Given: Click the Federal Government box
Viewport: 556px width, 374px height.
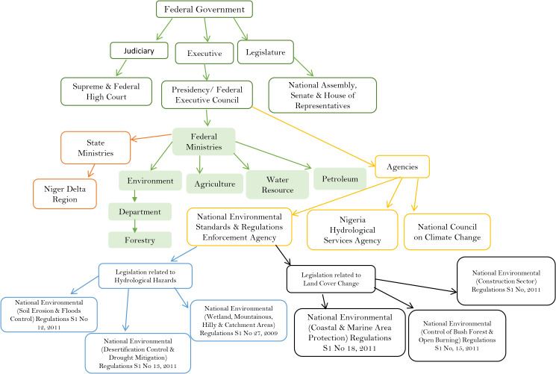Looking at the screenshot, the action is coord(204,9).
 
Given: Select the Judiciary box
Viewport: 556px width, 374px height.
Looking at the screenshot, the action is coord(139,51).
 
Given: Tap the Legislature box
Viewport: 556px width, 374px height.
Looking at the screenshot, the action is coord(266,52).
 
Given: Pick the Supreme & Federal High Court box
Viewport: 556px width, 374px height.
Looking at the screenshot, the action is coord(107,92).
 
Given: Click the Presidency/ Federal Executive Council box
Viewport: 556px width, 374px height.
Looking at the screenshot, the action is coord(207,95).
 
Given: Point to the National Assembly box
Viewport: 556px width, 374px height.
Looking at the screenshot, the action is coord(322,95).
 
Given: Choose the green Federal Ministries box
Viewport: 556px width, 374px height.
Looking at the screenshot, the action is coord(204,142).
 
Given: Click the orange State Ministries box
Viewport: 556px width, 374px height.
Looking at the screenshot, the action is coord(96,148).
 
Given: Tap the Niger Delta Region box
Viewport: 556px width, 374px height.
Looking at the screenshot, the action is coord(65,194).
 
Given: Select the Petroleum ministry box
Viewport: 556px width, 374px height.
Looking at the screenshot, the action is coord(340,179).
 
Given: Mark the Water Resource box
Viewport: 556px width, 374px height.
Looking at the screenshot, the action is coord(278,184).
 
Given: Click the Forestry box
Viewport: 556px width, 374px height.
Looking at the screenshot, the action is coord(140,240).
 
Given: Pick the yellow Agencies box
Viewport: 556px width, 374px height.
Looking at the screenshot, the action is coord(402,166).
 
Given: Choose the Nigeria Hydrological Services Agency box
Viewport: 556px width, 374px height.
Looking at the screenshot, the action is coord(352,230).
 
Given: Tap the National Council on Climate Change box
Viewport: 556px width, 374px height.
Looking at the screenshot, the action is coord(448,231).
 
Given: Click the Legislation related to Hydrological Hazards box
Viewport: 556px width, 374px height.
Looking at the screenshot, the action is coord(146,275).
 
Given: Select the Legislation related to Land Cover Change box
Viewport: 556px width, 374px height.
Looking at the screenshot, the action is coord(331,279).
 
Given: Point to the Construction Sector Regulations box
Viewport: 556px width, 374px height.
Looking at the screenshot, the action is coord(506,281).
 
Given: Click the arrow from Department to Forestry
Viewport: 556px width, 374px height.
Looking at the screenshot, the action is coord(135,226).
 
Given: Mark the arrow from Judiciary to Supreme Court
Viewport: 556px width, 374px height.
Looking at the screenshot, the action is coord(121,68).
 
